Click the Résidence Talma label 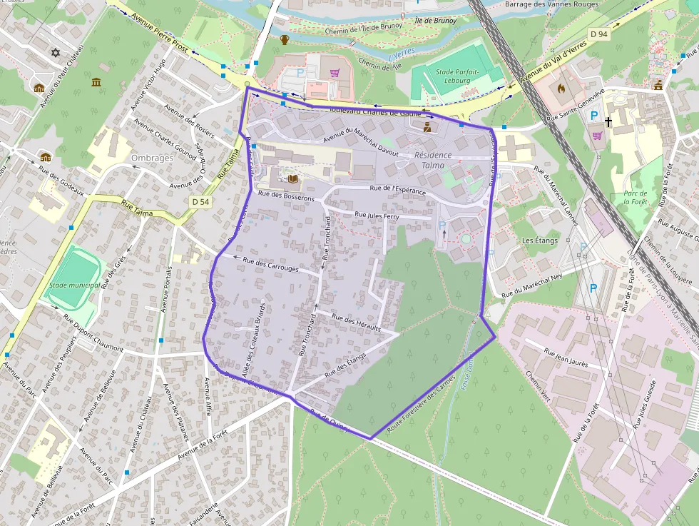coord(433,160)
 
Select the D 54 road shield coord(201,202)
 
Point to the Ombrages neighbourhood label coord(153,157)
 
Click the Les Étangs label coord(539,241)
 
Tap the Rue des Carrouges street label coord(270,265)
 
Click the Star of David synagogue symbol coord(56,53)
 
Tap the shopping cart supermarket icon coord(335,72)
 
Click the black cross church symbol coord(608,122)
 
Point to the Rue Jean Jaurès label coord(566,357)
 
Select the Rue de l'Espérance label coord(398,190)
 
